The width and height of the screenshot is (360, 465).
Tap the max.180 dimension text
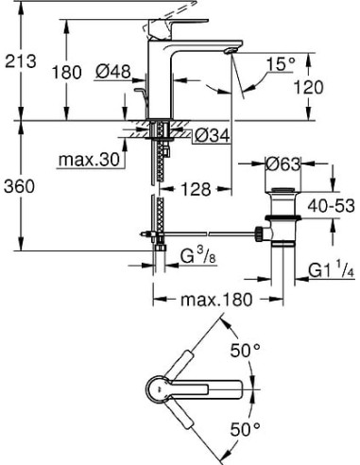point(216,301)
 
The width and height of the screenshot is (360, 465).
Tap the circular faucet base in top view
point(163,388)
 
